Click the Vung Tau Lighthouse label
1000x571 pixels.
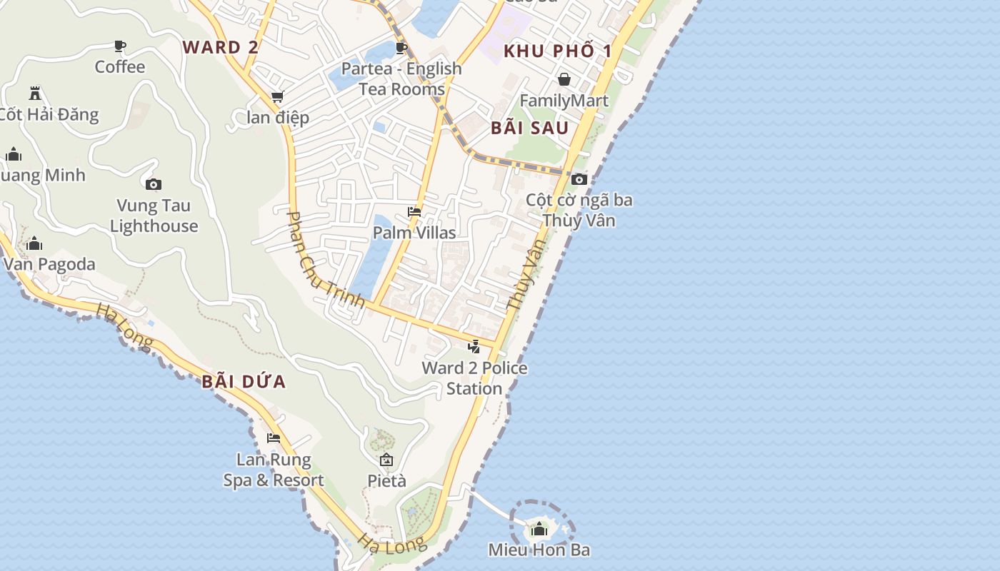[154, 216]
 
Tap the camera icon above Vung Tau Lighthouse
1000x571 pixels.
[154, 185]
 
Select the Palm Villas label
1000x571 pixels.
[414, 233]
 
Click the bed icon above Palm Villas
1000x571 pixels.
[414, 212]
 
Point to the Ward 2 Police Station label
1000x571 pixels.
[474, 378]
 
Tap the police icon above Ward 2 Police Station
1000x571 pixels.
[474, 347]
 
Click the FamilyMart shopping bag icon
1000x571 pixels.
[564, 79]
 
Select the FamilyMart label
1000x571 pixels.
[564, 101]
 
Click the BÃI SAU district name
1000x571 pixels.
[530, 128]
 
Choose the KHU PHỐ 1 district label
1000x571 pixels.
[558, 51]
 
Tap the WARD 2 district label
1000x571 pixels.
[220, 48]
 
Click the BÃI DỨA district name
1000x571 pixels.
[244, 382]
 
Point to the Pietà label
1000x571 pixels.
[386, 481]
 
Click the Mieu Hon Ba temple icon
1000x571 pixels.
[539, 530]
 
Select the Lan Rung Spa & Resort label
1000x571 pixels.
[274, 470]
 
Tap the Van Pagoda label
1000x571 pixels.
[49, 265]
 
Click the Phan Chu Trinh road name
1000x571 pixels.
[326, 260]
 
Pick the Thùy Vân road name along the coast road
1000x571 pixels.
[526, 275]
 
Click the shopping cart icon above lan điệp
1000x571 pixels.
[277, 97]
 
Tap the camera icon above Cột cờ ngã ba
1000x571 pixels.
[579, 179]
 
